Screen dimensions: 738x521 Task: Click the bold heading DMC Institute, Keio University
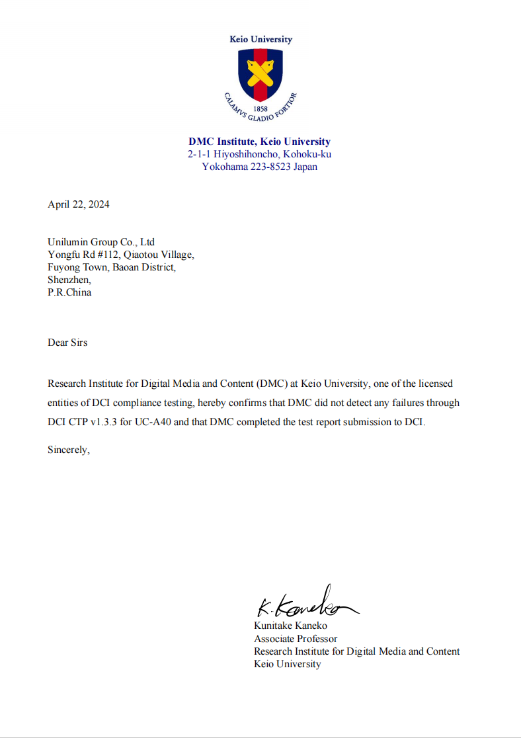point(260,142)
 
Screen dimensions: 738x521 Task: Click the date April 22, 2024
point(79,204)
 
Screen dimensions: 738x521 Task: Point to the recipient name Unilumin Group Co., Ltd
point(101,242)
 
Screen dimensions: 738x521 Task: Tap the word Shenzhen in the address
point(69,280)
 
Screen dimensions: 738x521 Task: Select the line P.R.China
point(69,292)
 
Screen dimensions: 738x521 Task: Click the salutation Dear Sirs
point(67,343)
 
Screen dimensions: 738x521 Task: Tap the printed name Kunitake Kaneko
point(290,626)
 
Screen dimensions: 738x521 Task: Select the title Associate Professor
point(296,639)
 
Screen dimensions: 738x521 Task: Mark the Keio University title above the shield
point(260,39)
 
